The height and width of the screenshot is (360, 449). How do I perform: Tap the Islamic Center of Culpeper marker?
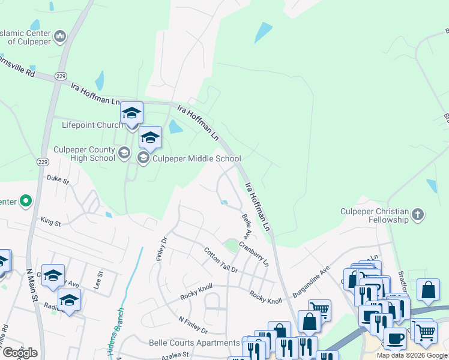point(59,38)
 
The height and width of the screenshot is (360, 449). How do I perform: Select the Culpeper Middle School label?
point(196,159)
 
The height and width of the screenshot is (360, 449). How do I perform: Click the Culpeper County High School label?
point(84,154)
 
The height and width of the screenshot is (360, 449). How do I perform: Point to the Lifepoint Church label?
point(92,125)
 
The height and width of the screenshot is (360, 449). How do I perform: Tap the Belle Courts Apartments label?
point(194,343)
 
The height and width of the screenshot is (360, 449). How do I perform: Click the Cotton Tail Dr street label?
point(221,260)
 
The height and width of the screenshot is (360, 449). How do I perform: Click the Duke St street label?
point(58,179)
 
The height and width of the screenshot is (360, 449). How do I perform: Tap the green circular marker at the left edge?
point(25,201)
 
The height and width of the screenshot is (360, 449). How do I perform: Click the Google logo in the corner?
point(19,353)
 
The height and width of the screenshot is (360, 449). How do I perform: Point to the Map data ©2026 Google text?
point(412,355)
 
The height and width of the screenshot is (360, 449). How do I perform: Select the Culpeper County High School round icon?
point(124,153)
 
